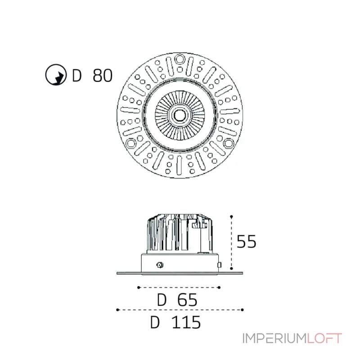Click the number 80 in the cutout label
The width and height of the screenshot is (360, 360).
pos(103,76)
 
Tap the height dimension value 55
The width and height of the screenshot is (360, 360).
pos(246,242)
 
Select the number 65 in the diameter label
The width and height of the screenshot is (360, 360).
pos(187,300)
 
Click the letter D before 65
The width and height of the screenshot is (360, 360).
pos(162,300)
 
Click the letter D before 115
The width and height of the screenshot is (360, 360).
pos(156,323)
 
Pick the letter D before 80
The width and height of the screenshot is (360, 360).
pos(77,76)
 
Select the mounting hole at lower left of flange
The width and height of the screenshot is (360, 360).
pos(130,143)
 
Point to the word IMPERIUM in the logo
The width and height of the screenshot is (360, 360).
pos(275,338)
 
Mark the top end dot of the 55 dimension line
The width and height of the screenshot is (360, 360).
pos(231,216)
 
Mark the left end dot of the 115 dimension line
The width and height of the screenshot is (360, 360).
pos(117,310)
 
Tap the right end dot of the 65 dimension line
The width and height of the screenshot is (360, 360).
pos(219,287)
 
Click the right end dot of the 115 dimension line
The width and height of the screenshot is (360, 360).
pos(243,310)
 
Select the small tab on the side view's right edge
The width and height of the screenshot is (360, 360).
pos(219,265)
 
